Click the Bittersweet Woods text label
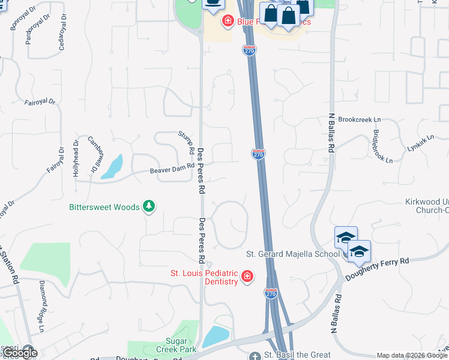click(x=104, y=208)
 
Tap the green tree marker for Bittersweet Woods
click(x=149, y=207)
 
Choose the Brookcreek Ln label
click(x=360, y=119)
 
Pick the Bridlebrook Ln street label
click(x=382, y=146)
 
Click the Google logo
click(x=20, y=353)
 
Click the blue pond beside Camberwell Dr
click(x=112, y=167)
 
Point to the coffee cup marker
click(x=212, y=4)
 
